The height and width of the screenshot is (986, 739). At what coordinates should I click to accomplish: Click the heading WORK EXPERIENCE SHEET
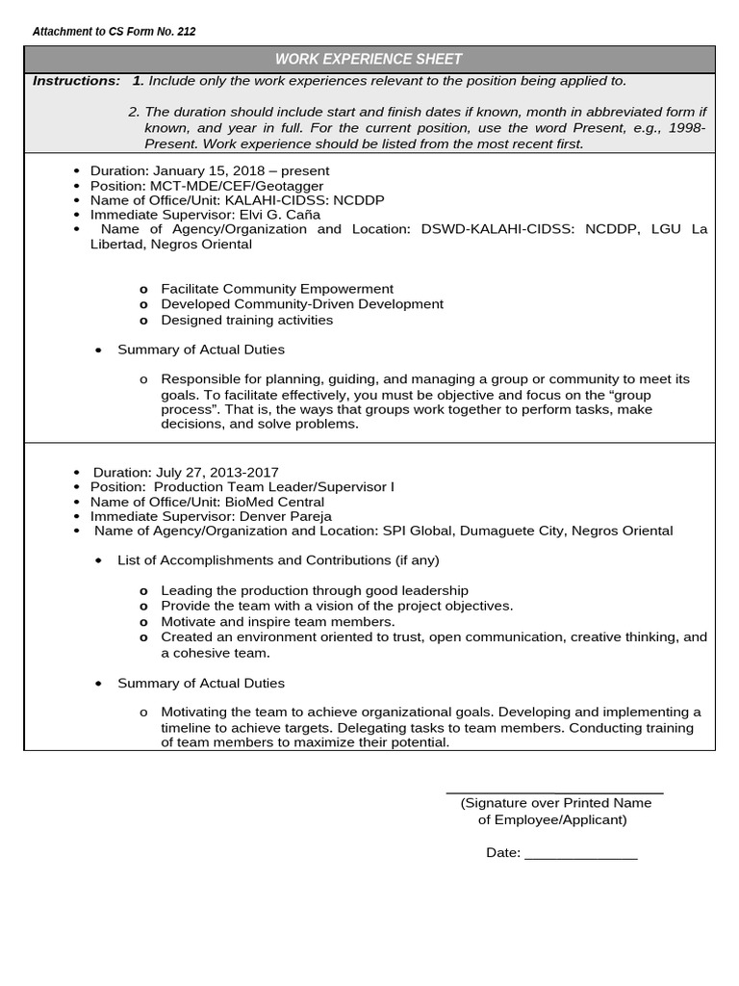[369, 59]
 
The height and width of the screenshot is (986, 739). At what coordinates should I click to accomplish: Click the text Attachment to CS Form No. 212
[114, 32]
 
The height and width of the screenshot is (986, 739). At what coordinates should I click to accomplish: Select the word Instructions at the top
[76, 81]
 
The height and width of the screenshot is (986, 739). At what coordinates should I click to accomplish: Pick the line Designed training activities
[246, 320]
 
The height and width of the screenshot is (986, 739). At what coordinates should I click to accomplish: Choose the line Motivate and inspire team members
[277, 622]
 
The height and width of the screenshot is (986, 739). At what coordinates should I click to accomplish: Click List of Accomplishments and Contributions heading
[278, 559]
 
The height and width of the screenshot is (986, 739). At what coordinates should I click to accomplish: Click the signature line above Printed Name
[555, 792]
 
